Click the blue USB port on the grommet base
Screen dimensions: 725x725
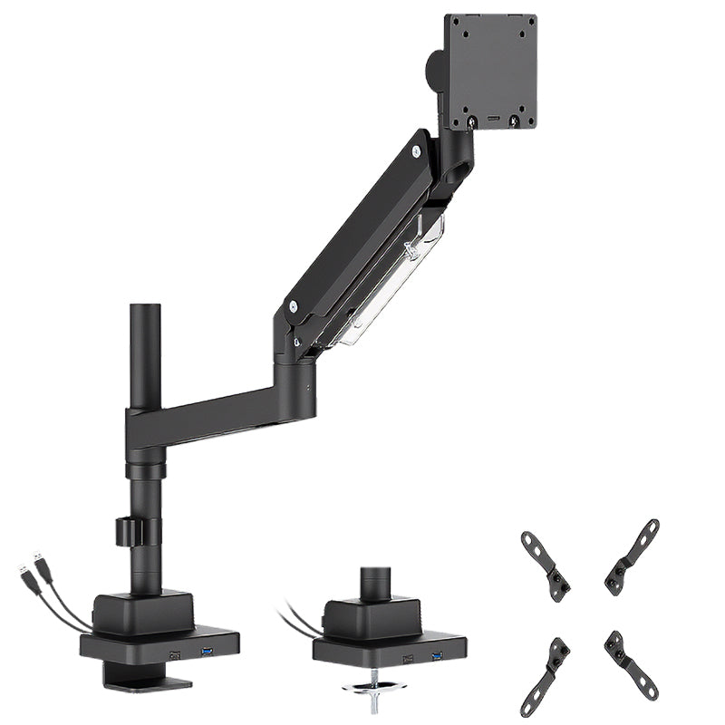pos(438,654)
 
